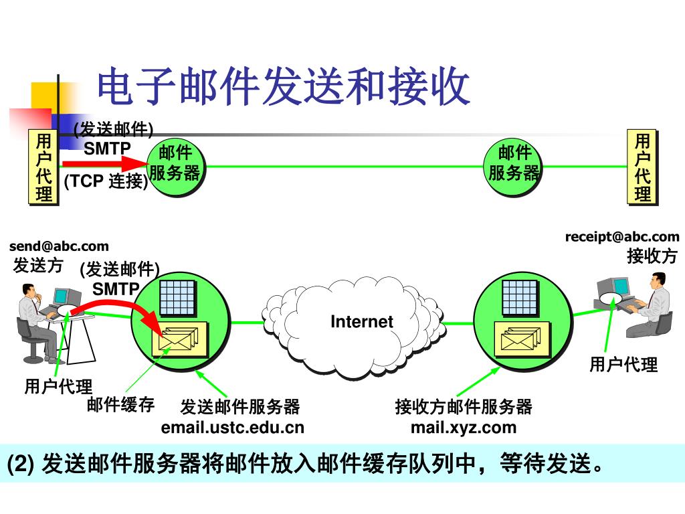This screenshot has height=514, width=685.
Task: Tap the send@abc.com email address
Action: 59,246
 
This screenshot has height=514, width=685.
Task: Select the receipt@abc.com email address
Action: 621,236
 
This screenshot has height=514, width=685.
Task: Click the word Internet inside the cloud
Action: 362,321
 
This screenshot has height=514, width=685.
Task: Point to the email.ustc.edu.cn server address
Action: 232,427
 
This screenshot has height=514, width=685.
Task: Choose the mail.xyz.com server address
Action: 464,427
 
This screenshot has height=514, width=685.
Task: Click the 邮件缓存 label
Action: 120,404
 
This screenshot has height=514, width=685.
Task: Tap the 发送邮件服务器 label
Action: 240,406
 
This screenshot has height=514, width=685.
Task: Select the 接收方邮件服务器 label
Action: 464,406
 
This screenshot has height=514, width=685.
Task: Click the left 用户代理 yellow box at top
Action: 43,167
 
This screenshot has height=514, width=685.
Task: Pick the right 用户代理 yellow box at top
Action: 642,167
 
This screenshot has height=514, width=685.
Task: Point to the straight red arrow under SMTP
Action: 104,163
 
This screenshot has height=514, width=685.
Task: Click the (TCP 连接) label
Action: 106,181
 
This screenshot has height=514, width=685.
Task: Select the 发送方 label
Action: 38,265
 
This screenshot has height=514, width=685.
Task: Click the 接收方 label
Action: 652,256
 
